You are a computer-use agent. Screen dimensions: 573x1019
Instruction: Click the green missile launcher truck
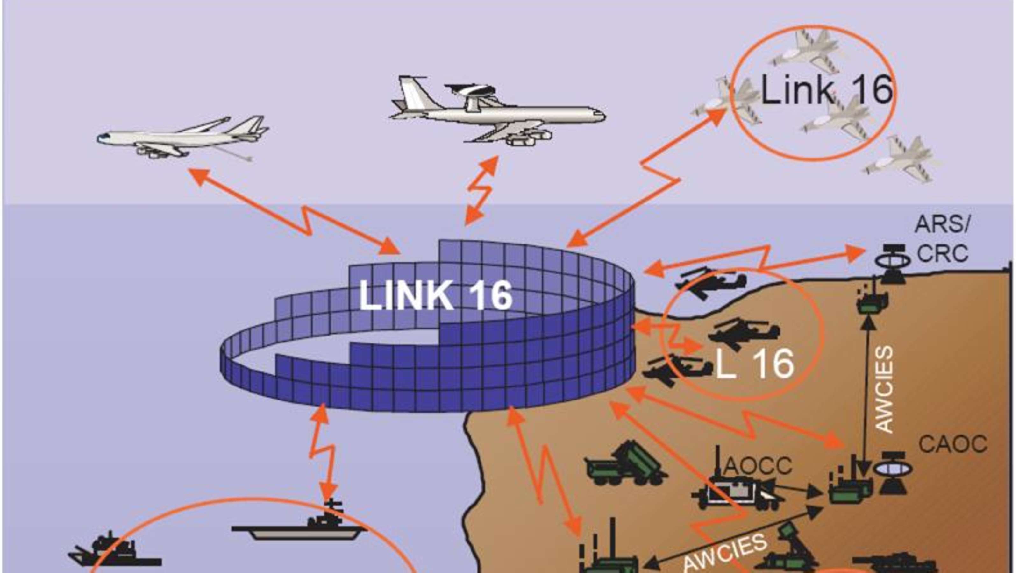point(625,465)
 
